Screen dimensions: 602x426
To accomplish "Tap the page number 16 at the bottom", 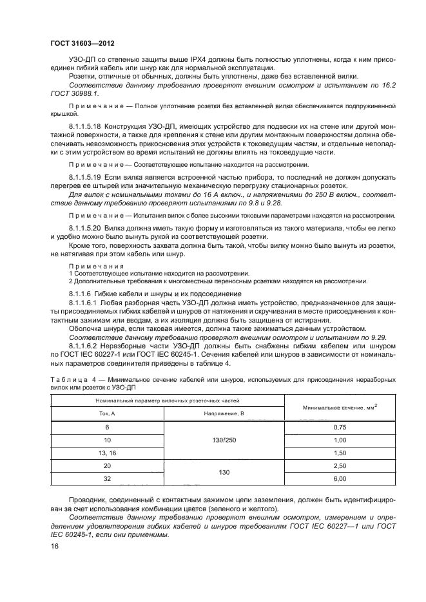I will click(x=53, y=546).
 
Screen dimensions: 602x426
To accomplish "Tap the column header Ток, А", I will click(x=107, y=413).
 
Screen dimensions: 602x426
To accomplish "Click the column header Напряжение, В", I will click(x=224, y=413).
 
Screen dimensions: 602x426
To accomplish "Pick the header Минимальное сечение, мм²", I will click(x=340, y=406).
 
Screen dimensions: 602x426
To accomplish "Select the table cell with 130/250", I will click(x=224, y=440).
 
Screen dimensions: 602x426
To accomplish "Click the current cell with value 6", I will click(x=107, y=427).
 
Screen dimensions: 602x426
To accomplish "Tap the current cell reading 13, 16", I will click(x=107, y=453).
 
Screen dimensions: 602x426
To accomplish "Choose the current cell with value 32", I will click(x=107, y=479).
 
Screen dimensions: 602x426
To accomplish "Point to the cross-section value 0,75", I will click(x=340, y=427).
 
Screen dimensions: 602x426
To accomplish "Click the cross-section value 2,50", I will click(x=340, y=466).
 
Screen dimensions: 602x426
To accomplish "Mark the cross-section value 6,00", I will click(x=340, y=479).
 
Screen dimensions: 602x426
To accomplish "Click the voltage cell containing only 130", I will click(x=224, y=473).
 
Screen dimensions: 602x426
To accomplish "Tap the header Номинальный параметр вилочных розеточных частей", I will click(x=168, y=400).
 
